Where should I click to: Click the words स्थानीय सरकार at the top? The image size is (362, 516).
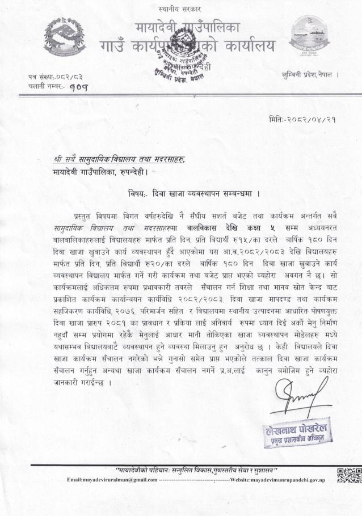[x=181, y=9]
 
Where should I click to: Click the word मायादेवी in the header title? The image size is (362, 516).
[x=157, y=27]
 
